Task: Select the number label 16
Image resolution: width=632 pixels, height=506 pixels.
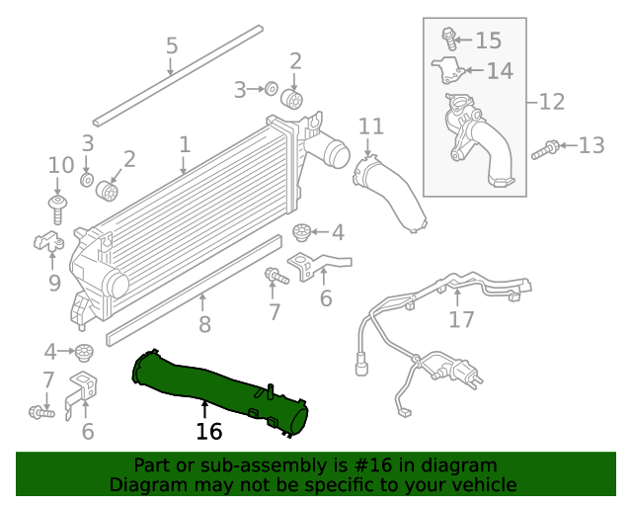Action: pyautogui.click(x=208, y=432)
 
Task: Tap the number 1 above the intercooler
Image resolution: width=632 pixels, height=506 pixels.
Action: pyautogui.click(x=185, y=145)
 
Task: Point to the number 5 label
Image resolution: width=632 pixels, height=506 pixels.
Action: pyautogui.click(x=171, y=45)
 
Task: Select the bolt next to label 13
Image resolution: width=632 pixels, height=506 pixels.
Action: pyautogui.click(x=544, y=150)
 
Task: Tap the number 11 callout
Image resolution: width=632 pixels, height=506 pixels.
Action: pyautogui.click(x=370, y=126)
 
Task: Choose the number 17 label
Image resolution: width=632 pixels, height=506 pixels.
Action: pyautogui.click(x=461, y=319)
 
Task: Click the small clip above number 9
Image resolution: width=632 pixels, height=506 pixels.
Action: pyautogui.click(x=47, y=240)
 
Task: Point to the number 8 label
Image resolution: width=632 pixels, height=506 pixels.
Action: pyautogui.click(x=204, y=323)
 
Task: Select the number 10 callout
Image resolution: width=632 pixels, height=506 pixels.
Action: pyautogui.click(x=60, y=165)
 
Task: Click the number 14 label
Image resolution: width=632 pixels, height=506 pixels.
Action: pyautogui.click(x=500, y=71)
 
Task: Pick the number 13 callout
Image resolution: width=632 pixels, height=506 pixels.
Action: pyautogui.click(x=591, y=146)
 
